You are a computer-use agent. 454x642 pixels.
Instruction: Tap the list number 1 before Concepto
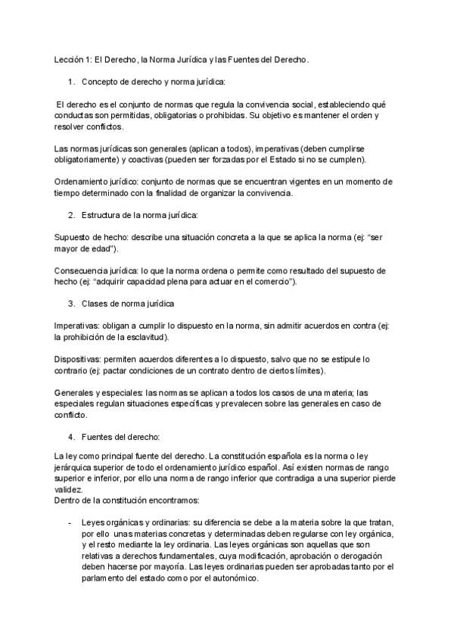click(70, 81)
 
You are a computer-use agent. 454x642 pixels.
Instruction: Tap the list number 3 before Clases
click(70, 304)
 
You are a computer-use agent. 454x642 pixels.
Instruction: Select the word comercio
click(272, 282)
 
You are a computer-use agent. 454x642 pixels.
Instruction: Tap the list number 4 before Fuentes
click(70, 437)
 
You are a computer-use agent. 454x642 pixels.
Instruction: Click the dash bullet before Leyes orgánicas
click(70, 522)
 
